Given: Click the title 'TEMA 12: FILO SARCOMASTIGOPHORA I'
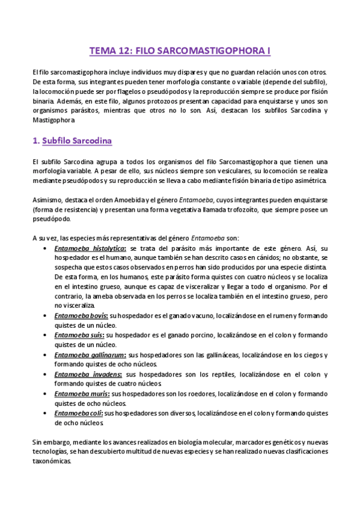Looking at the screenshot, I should tap(180, 51).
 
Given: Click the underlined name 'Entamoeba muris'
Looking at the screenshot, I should tap(81, 393).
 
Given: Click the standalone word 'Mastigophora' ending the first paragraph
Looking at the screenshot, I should tap(53, 120).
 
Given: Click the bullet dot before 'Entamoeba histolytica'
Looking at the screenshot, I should tap(47, 248).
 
